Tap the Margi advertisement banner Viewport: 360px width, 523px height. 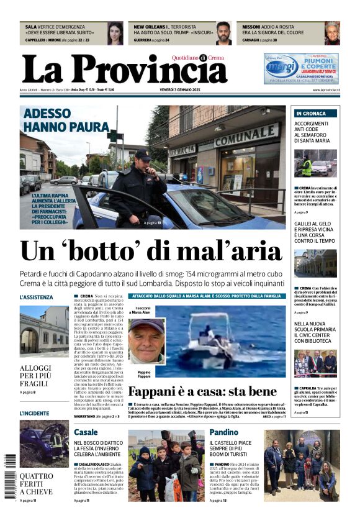point(301,68)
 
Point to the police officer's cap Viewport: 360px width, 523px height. point(142,153)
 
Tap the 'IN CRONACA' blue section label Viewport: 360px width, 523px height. point(311,114)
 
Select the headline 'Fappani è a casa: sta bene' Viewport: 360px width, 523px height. point(202,391)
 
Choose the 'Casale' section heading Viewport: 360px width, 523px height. point(86,432)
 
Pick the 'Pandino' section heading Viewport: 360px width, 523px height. point(223,432)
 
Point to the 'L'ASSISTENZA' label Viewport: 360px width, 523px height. point(37,298)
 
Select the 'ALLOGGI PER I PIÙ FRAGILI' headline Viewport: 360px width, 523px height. point(36,375)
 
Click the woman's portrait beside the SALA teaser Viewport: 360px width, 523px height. point(115,34)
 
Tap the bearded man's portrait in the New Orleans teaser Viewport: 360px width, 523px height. point(223,34)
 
